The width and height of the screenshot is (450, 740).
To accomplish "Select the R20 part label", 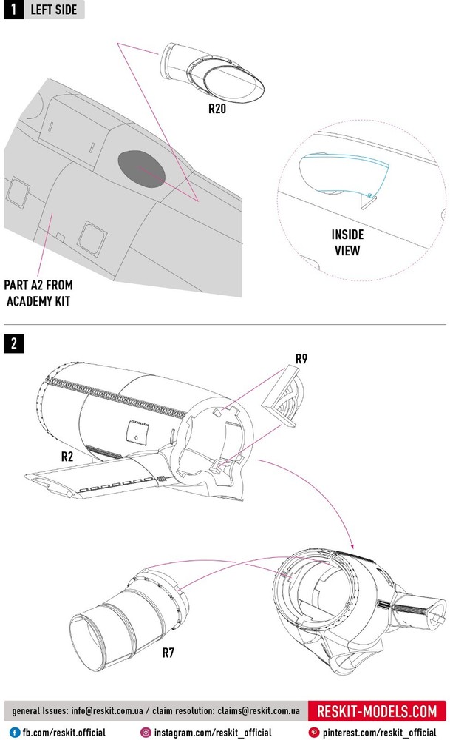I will coord(217,108).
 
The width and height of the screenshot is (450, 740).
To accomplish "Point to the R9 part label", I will coord(301,360).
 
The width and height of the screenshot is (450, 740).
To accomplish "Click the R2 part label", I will coord(67,457).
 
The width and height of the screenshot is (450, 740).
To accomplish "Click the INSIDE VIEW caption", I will coord(346,243).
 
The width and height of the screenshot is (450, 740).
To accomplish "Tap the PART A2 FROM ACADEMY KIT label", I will coord(38,292).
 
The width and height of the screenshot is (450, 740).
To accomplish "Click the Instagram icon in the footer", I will coord(146,732).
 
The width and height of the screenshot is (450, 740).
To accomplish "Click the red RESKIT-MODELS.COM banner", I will coord(377,712).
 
